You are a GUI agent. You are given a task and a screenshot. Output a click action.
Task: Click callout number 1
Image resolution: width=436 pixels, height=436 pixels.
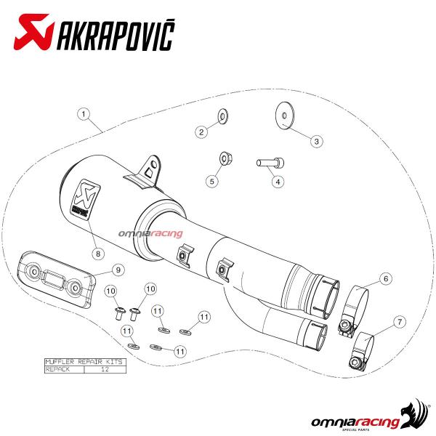(x=84, y=114)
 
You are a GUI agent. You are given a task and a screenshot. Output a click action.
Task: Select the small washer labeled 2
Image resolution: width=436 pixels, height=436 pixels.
(x=223, y=116)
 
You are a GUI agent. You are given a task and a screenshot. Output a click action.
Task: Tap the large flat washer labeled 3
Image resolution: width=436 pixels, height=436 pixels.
(x=284, y=115)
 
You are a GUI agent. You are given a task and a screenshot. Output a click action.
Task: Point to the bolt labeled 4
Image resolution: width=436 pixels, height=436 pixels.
(x=270, y=163)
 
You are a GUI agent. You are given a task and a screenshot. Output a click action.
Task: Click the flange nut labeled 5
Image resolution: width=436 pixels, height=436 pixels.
(x=225, y=158)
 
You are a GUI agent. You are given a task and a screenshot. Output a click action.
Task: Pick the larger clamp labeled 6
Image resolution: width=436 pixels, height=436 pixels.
(x=355, y=309)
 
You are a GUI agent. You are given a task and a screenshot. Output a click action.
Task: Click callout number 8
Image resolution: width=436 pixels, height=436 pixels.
(x=98, y=254)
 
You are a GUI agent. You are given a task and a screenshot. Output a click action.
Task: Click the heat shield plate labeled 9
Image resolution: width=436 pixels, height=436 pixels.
(x=56, y=279)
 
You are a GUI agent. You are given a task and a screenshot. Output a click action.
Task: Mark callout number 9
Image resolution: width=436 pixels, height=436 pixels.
(x=118, y=270)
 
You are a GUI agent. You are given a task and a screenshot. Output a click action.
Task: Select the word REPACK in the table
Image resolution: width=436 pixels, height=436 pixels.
(x=57, y=369)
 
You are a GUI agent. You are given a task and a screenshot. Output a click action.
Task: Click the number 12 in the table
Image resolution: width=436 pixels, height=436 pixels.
(x=105, y=369)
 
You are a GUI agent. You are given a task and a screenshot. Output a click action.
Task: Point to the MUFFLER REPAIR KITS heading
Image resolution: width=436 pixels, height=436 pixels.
(x=84, y=362)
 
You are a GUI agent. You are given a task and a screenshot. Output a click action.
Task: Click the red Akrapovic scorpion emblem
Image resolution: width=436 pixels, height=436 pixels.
(x=34, y=32)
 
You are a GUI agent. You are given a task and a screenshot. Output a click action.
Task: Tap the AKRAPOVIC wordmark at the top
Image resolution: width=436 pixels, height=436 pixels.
(x=116, y=36)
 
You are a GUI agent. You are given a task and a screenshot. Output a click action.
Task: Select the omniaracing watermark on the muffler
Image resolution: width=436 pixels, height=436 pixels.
(x=150, y=233)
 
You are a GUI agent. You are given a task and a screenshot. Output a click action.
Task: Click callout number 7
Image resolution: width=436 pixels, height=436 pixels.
(x=400, y=322)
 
